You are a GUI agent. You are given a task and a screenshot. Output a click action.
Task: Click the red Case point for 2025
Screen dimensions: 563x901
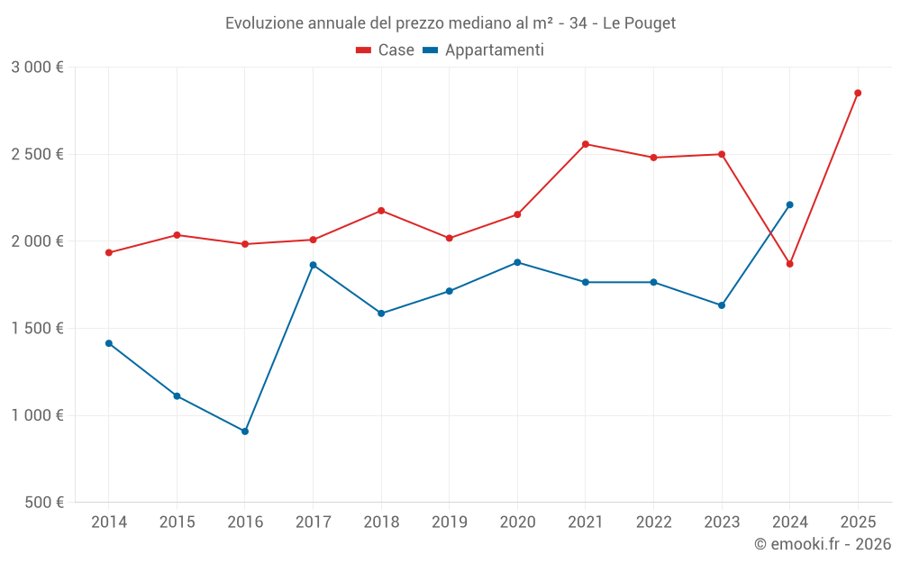pyautogui.click(x=858, y=93)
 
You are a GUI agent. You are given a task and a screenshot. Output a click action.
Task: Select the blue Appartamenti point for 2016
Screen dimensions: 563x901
pyautogui.click(x=245, y=431)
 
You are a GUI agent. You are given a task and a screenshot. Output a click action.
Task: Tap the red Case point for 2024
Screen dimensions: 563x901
pyautogui.click(x=790, y=264)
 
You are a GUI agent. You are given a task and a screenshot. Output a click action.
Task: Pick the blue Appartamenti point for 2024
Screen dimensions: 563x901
pyautogui.click(x=790, y=204)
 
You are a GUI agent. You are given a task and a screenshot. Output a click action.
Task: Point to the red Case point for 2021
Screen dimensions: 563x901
pyautogui.click(x=586, y=144)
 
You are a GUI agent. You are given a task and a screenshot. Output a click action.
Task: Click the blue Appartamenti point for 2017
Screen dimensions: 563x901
pyautogui.click(x=313, y=265)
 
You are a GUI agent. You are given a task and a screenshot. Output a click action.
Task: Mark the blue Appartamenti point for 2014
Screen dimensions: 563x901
pyautogui.click(x=109, y=343)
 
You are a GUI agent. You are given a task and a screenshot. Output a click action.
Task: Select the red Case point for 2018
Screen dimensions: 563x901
pyautogui.click(x=381, y=211)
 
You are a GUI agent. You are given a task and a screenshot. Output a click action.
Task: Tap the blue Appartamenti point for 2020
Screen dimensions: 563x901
pyautogui.click(x=517, y=262)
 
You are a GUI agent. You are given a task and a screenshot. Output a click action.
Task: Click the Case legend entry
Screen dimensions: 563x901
pyautogui.click(x=386, y=50)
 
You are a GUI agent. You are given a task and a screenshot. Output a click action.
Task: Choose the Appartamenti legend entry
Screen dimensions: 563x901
pyautogui.click(x=484, y=50)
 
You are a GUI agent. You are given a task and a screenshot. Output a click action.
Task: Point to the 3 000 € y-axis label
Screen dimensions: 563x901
pyautogui.click(x=37, y=68)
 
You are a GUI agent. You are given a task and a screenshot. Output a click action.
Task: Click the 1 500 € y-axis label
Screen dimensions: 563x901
pyautogui.click(x=37, y=329)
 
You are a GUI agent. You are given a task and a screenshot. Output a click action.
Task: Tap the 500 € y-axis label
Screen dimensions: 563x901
pyautogui.click(x=45, y=503)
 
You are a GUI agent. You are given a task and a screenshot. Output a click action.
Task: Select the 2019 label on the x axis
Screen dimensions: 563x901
pyautogui.click(x=449, y=522)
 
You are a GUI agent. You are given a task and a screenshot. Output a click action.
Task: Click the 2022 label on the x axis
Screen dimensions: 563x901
pyautogui.click(x=653, y=522)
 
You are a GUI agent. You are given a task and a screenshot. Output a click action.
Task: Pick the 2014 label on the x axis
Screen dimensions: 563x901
pyautogui.click(x=109, y=522)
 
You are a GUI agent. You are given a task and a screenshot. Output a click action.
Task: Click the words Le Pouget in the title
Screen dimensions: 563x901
pyautogui.click(x=639, y=23)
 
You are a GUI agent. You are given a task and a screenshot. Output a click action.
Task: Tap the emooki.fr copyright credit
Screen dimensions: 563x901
pyautogui.click(x=823, y=544)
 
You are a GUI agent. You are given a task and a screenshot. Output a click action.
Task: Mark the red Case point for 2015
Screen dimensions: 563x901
pyautogui.click(x=177, y=235)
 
